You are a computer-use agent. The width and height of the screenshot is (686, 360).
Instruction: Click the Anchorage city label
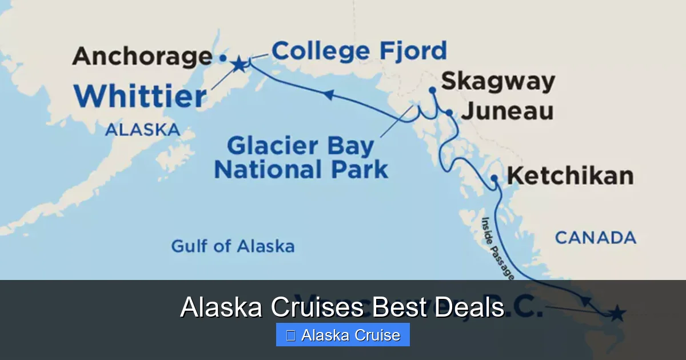(x=142, y=57)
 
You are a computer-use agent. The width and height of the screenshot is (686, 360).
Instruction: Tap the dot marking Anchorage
(x=223, y=58)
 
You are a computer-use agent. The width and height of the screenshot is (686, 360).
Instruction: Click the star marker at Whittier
(x=238, y=64)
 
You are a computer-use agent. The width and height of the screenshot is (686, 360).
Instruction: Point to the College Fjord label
(x=359, y=51)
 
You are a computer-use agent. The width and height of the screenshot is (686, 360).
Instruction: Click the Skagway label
(x=498, y=81)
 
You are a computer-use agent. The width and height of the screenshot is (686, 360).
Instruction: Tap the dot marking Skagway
(x=432, y=90)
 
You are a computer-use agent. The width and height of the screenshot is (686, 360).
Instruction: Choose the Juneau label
(x=507, y=111)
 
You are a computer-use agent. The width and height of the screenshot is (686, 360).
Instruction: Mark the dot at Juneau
(x=450, y=113)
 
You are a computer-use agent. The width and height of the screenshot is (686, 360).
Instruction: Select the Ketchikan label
(x=570, y=175)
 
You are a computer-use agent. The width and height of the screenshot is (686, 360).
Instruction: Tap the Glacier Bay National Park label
(x=301, y=158)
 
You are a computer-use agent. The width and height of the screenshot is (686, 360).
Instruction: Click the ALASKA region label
(x=142, y=130)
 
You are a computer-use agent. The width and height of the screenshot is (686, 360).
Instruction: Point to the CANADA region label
(x=595, y=237)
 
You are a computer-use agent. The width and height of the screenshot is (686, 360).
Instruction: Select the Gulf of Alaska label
(x=233, y=246)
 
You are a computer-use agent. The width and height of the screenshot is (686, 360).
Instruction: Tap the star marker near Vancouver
(x=617, y=313)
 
